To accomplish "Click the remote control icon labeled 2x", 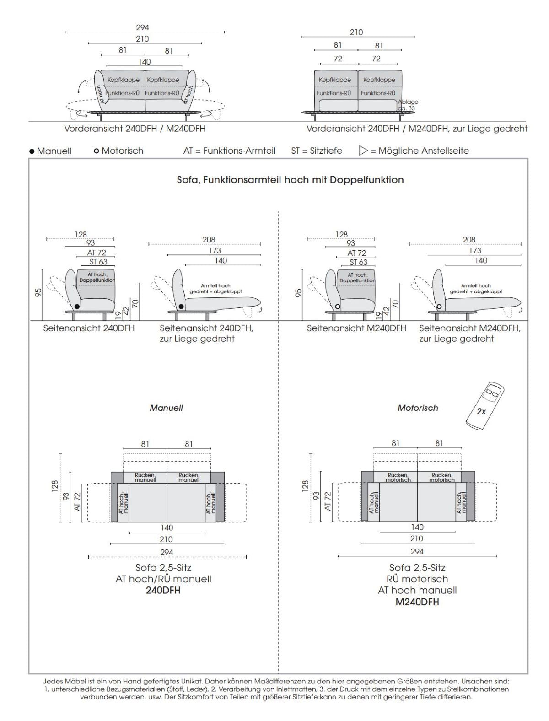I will click(485, 405).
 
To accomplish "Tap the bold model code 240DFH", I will click(163, 590).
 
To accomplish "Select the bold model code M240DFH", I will click(417, 602).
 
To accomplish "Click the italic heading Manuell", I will click(166, 408).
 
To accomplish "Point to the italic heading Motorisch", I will click(418, 408).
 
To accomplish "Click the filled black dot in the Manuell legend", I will click(32, 151).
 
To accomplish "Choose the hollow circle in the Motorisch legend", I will click(96, 151).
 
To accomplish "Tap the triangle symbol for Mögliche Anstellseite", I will click(364, 151).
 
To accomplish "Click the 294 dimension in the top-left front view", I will click(142, 28).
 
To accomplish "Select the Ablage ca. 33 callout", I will click(408, 105).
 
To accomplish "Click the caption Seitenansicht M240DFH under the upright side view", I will click(356, 328).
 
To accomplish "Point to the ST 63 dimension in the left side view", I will click(98, 262).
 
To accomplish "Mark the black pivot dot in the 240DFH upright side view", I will click(77, 306).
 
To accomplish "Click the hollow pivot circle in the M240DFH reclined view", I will click(440, 306).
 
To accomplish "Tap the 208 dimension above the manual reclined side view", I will click(209, 240).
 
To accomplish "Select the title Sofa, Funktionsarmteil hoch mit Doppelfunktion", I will click(290, 180).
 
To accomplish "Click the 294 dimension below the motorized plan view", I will click(417, 551).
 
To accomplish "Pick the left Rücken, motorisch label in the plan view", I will click(398, 478).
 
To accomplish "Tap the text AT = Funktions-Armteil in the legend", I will click(229, 151).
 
